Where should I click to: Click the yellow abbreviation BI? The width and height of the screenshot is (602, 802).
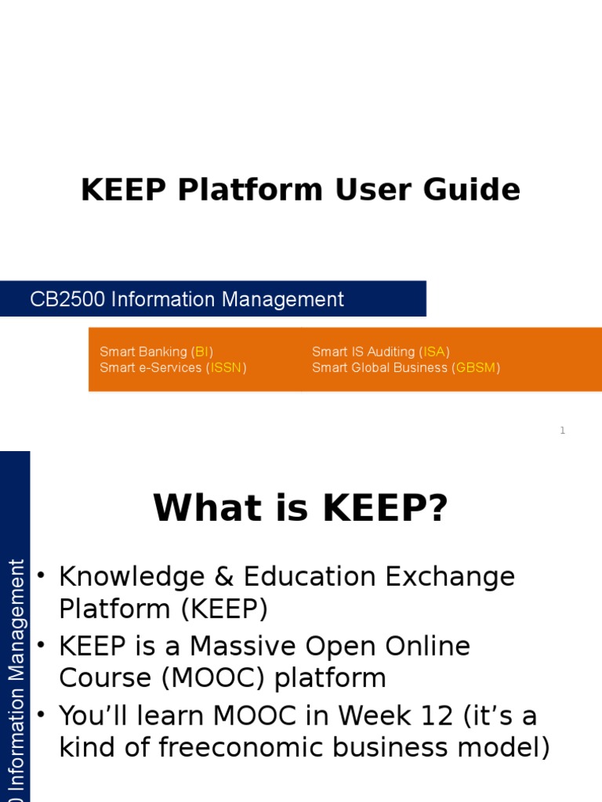click(202, 352)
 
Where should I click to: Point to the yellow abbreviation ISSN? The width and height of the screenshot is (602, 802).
click(226, 367)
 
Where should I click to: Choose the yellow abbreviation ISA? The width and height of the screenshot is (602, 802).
click(434, 352)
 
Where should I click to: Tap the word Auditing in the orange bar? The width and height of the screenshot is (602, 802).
click(387, 352)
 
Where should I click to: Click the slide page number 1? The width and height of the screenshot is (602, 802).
click(562, 431)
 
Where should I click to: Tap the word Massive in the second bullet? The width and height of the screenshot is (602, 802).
click(243, 647)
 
